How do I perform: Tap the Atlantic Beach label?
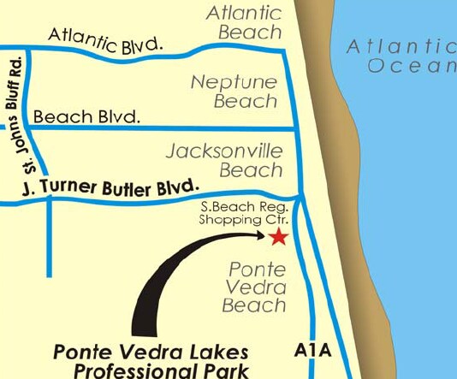(x=245, y=23)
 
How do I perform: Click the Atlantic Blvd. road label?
(x=104, y=41)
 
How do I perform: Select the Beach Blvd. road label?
(x=86, y=115)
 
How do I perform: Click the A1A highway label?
(x=312, y=352)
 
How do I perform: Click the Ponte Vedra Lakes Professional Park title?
(x=150, y=361)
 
